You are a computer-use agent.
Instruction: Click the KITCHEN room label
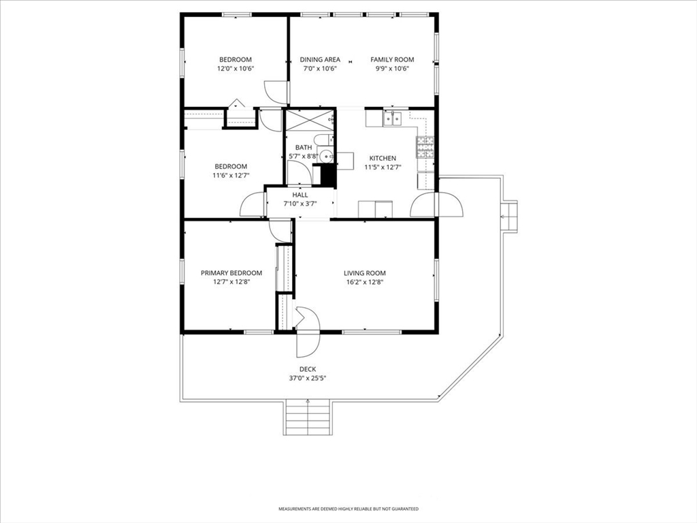383,158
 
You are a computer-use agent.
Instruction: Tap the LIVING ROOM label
365,273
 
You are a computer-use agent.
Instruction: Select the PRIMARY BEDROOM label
231,273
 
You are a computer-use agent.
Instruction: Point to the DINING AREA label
320,60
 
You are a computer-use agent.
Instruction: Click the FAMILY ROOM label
392,60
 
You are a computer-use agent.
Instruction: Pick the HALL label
300,195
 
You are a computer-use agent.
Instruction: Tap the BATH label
304,148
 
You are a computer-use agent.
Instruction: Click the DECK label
308,369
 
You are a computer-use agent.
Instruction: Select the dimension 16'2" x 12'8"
365,282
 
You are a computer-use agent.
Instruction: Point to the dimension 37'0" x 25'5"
308,379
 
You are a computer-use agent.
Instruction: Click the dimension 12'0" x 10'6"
236,69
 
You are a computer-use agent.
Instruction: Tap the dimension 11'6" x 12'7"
231,175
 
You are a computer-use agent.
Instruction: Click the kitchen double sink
393,118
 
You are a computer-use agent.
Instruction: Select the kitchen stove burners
425,147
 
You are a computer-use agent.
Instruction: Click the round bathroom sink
327,156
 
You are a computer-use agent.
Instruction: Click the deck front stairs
308,417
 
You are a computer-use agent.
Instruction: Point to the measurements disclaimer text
348,508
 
